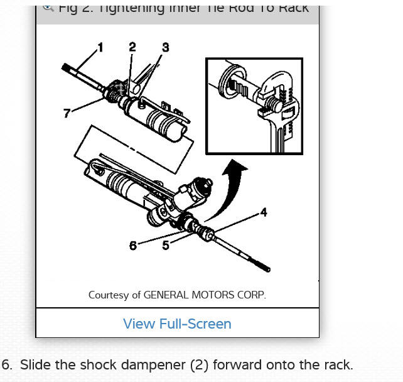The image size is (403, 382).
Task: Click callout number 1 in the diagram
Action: click(100, 47)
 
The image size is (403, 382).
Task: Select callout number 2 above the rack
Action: click(132, 47)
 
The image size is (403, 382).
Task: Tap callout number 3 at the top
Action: click(165, 48)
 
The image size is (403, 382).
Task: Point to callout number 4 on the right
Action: click(264, 212)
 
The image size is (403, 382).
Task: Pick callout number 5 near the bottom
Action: click(166, 245)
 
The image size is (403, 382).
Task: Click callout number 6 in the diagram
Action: click(132, 246)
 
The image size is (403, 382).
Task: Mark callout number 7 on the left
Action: click(67, 113)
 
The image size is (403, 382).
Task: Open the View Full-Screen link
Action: click(177, 324)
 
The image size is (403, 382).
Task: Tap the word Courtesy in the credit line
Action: click(109, 295)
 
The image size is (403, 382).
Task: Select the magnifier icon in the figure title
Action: click(48, 8)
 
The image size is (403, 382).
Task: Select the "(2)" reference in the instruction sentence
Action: click(175, 364)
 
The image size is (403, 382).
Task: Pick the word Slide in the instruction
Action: click(33, 364)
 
